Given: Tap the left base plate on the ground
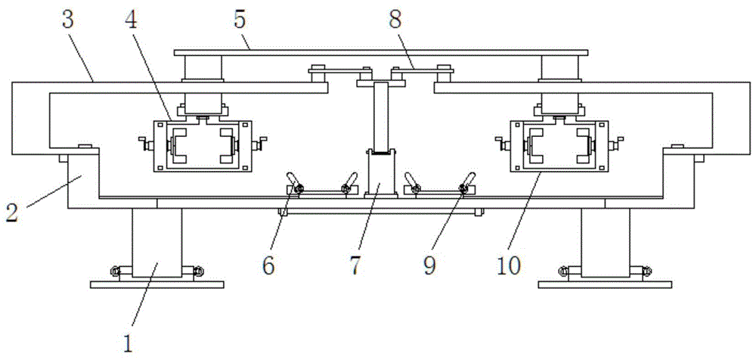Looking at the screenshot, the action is click(x=157, y=284).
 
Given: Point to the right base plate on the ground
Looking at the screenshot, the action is click(x=605, y=284).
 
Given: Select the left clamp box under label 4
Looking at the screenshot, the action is click(x=200, y=146).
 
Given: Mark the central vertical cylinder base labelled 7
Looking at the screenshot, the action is click(x=380, y=174).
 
